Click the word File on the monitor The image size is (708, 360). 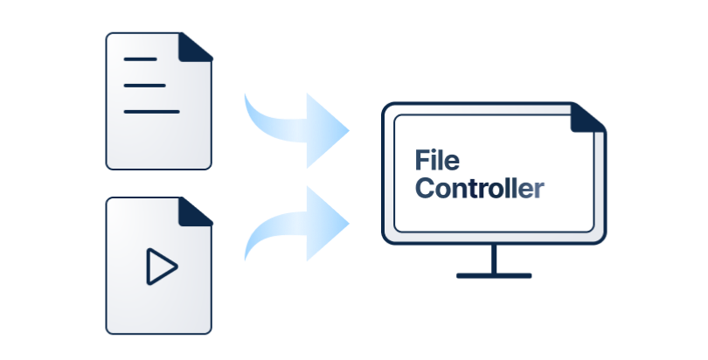(437, 161)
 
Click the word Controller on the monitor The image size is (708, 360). (479, 188)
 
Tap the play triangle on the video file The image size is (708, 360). (160, 266)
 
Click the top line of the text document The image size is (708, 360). (141, 59)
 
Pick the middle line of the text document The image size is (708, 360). (144, 85)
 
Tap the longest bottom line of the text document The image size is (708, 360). (151, 111)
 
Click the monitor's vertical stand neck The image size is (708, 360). (494, 260)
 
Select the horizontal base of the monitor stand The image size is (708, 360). (494, 275)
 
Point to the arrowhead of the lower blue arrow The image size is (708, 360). (330, 222)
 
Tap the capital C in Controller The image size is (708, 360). (425, 188)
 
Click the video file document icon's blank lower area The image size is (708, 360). (158, 310)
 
